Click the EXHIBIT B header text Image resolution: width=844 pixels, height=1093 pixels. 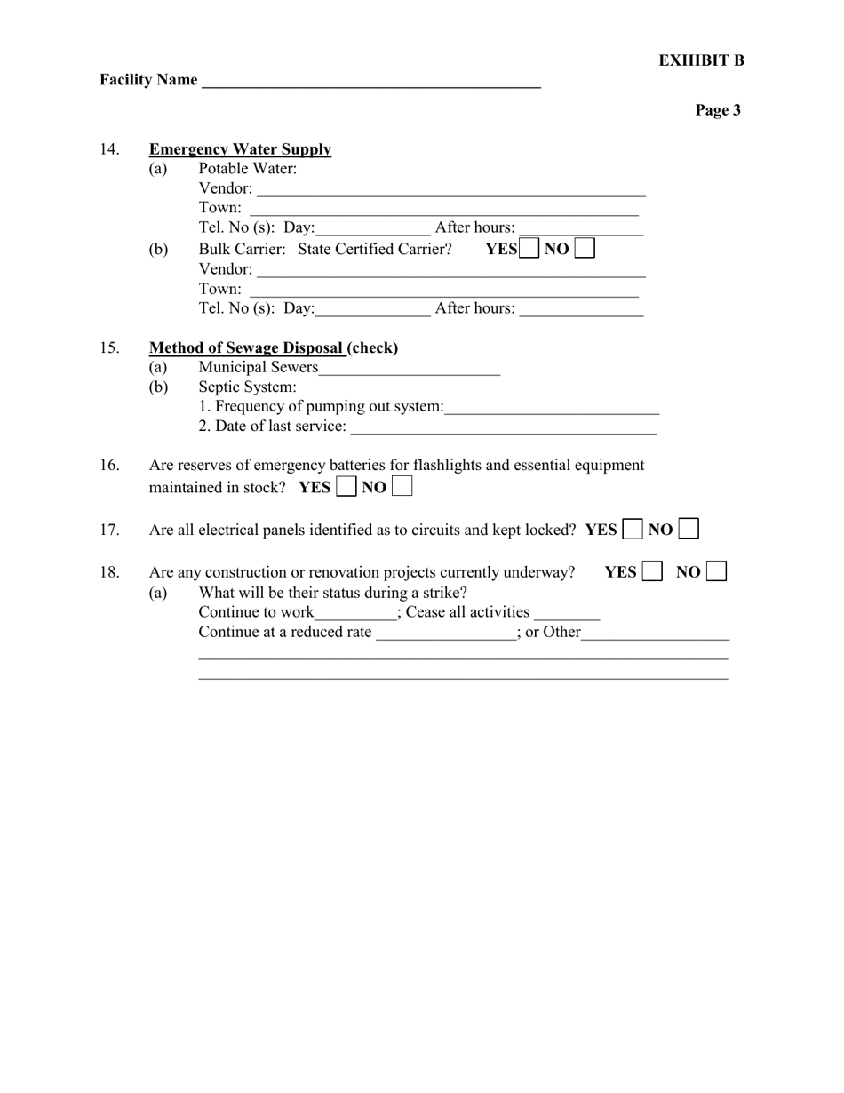click(701, 60)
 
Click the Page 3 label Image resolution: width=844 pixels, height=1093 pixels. click(718, 110)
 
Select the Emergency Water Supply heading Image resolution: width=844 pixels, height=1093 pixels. click(240, 149)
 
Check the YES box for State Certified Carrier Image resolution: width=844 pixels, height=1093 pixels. click(529, 249)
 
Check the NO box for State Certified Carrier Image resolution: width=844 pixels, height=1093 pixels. click(585, 249)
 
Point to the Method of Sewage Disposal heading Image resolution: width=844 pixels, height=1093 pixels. click(246, 347)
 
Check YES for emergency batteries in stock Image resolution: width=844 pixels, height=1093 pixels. click(346, 487)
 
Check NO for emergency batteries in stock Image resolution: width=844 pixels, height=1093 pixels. click(402, 487)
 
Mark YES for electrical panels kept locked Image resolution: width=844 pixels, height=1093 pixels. click(633, 530)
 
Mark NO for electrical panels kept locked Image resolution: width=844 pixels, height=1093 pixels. click(689, 530)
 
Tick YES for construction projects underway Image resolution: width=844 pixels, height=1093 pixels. click(652, 571)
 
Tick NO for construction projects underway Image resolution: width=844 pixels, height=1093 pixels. click(717, 571)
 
